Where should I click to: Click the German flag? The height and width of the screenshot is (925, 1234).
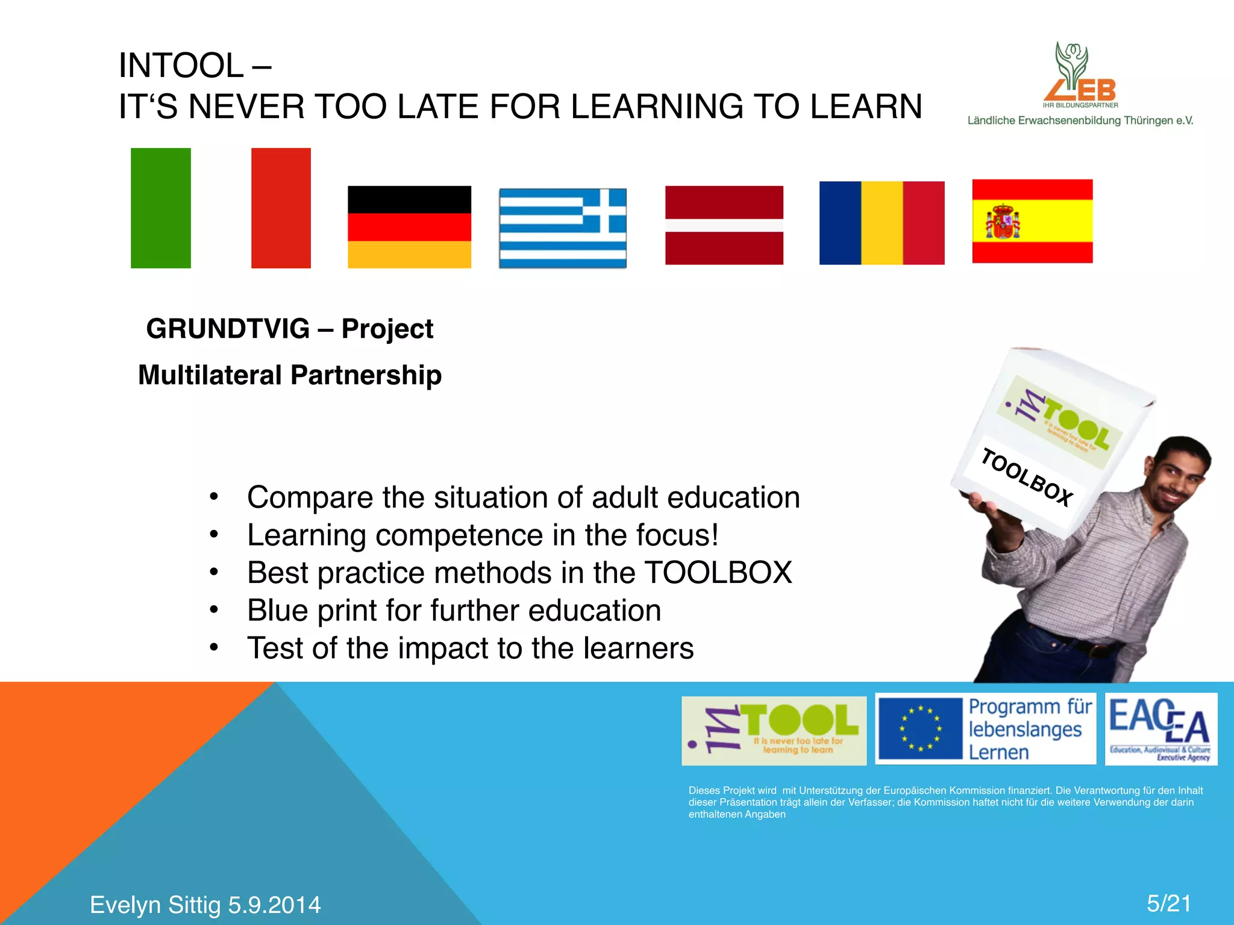click(409, 227)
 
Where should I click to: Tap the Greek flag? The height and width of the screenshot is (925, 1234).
click(563, 228)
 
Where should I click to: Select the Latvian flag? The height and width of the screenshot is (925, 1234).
click(724, 225)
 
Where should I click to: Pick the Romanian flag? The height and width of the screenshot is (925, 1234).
click(882, 223)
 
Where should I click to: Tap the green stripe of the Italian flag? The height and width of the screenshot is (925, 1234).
click(160, 208)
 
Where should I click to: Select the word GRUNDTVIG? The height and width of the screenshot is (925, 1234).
click(228, 329)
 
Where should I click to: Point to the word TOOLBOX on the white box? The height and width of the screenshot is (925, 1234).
click(1026, 478)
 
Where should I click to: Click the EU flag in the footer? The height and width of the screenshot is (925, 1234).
click(919, 729)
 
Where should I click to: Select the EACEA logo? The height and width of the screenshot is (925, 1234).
click(1160, 729)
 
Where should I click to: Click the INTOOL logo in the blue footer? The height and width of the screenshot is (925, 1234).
click(774, 730)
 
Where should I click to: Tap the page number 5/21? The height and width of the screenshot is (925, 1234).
click(1168, 903)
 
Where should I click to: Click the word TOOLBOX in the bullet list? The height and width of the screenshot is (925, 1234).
click(718, 573)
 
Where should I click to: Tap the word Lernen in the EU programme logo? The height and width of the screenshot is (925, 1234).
click(998, 753)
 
